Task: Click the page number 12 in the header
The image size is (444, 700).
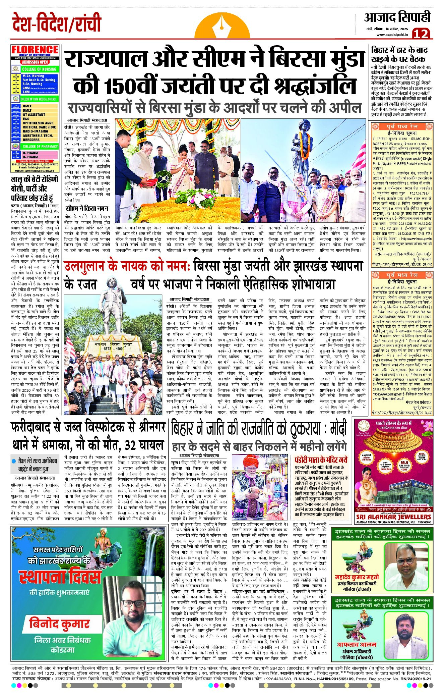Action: [x=421, y=34]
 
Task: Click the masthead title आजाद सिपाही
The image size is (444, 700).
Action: [x=397, y=18]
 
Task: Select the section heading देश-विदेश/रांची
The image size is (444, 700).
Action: [x=56, y=23]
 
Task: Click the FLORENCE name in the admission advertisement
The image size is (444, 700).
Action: [x=35, y=50]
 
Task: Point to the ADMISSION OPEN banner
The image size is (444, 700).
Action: [x=35, y=62]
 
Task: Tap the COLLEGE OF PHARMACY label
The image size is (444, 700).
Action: [x=40, y=147]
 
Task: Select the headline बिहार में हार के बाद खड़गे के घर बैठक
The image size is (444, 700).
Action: [x=399, y=55]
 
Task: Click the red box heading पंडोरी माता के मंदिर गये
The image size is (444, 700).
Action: [x=321, y=460]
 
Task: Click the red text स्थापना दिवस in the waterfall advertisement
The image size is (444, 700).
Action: [x=60, y=577]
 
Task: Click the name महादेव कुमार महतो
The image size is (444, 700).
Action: [x=357, y=577]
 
